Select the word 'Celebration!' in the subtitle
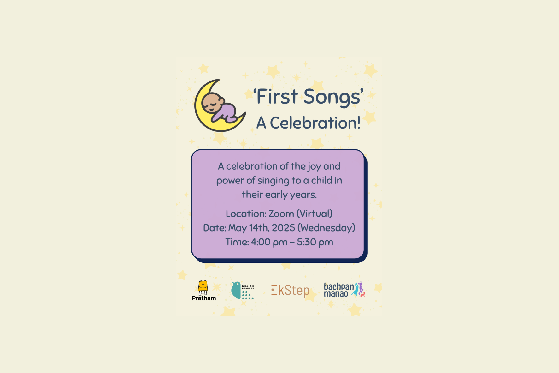click(315, 123)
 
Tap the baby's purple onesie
click(226, 113)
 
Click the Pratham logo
click(204, 291)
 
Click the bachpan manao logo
click(344, 290)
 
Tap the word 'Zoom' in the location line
click(281, 214)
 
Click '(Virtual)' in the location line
click(315, 214)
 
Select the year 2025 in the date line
click(283, 228)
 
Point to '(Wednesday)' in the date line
click(327, 228)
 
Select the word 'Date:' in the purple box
click(215, 228)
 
